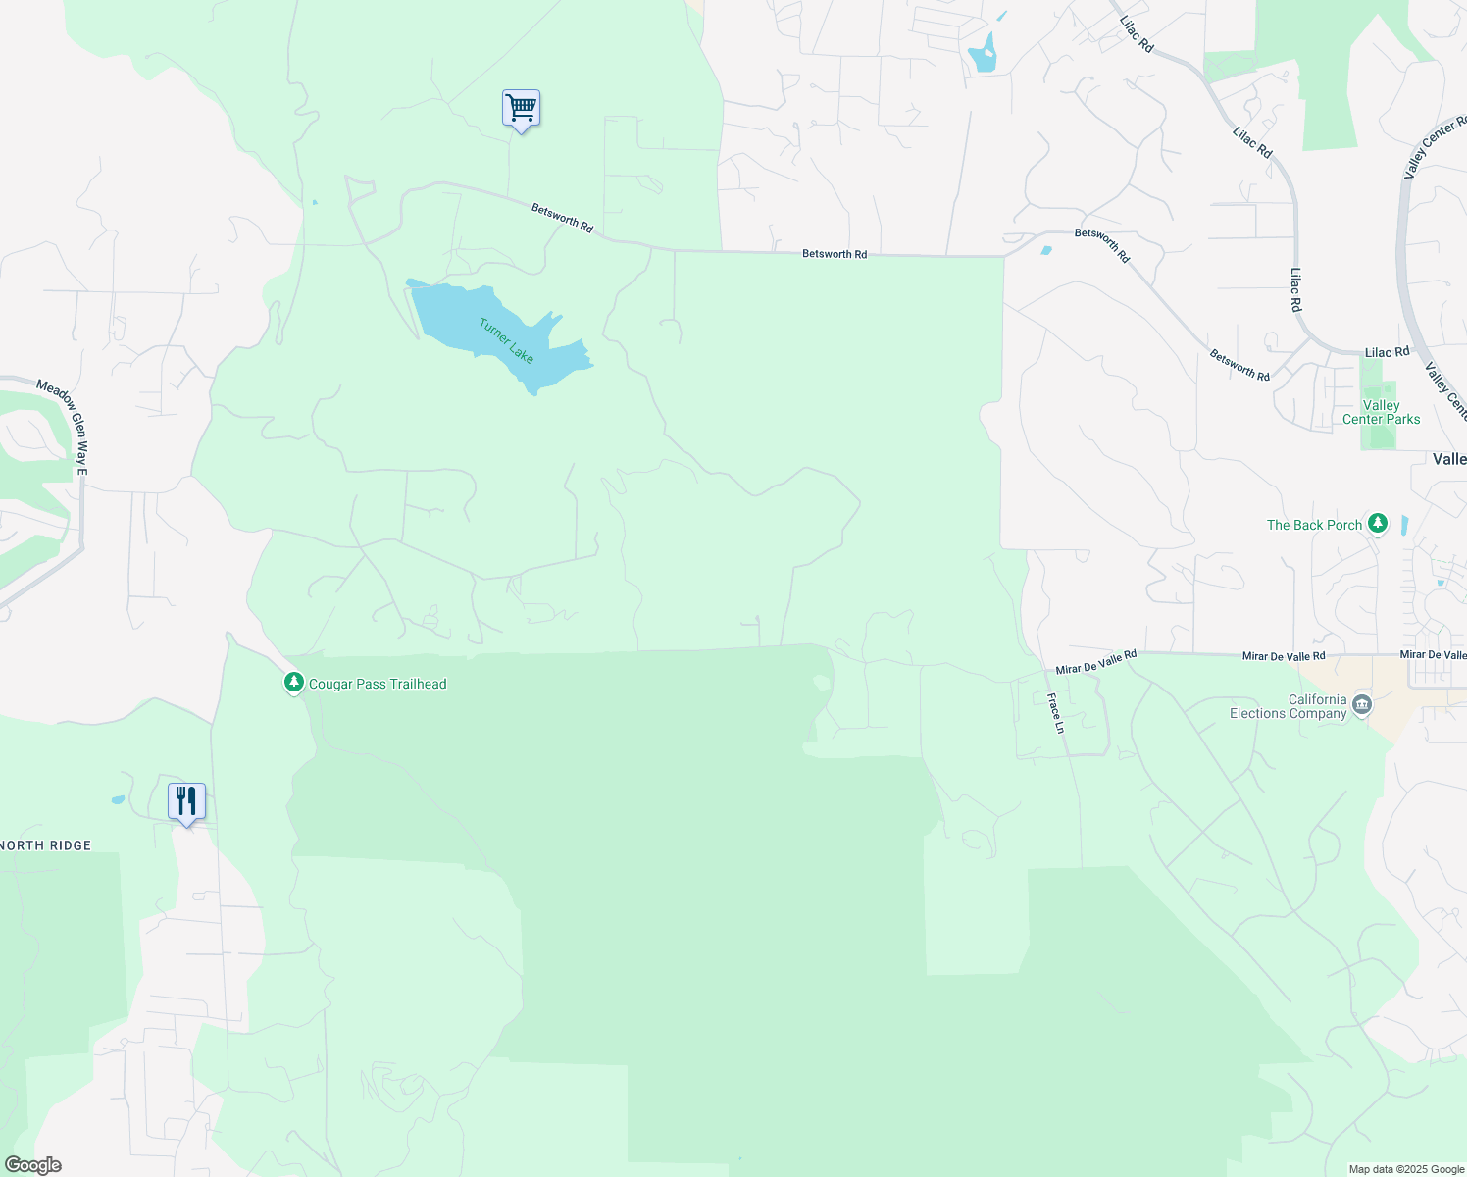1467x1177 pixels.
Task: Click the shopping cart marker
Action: (x=521, y=108)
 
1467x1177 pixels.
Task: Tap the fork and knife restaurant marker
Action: (x=185, y=801)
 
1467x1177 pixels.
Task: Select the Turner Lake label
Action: (x=506, y=340)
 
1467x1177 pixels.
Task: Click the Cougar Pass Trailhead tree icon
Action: (x=293, y=683)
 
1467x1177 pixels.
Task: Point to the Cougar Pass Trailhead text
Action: (x=378, y=685)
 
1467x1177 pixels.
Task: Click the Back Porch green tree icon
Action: (x=1378, y=524)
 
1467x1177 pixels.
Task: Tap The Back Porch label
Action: (x=1314, y=526)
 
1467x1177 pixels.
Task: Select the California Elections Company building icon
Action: (x=1361, y=705)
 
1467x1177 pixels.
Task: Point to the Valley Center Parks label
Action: (x=1381, y=413)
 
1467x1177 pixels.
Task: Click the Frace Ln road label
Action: (x=1055, y=713)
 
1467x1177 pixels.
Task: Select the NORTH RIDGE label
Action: (x=45, y=845)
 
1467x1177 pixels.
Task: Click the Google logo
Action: (x=32, y=1165)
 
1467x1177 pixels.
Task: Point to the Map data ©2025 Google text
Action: (x=1406, y=1169)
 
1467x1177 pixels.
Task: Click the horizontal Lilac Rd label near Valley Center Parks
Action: (x=1387, y=352)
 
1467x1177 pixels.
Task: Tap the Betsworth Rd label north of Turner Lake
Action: (x=562, y=218)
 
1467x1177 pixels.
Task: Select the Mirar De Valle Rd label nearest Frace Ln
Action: (x=1096, y=662)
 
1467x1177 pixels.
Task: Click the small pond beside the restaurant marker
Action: (x=118, y=800)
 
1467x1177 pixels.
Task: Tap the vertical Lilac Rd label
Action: (x=1295, y=290)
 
